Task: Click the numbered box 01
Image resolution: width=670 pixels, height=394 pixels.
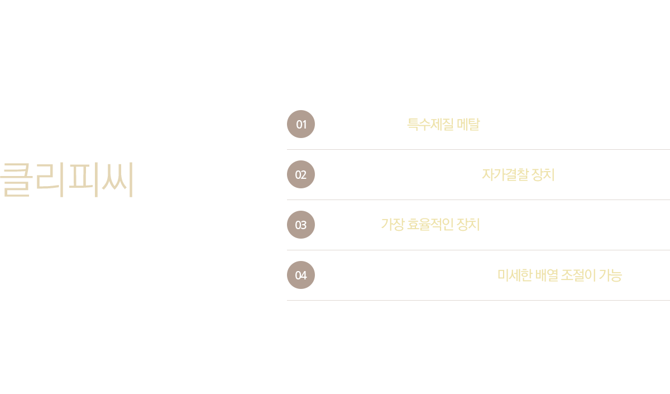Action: (300, 124)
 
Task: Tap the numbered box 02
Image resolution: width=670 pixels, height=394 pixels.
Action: (300, 174)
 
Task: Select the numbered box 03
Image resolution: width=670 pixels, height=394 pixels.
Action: (300, 225)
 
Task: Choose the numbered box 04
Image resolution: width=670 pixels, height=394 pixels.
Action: (300, 275)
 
